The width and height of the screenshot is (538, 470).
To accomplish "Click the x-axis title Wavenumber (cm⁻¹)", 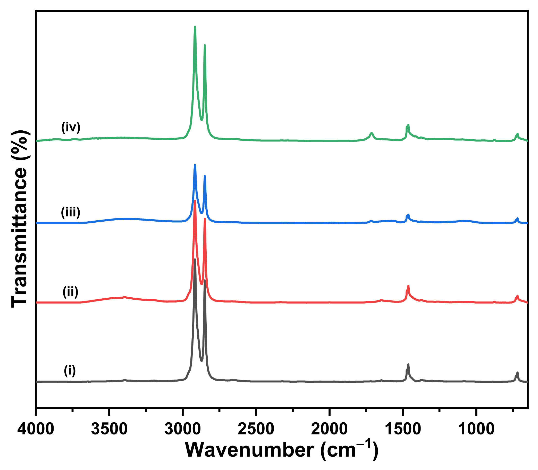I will [282, 450].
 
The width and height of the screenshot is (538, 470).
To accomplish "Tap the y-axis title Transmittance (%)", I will [19, 219].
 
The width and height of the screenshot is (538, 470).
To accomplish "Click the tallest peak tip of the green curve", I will [195, 27].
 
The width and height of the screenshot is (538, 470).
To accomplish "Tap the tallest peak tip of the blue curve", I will [195, 165].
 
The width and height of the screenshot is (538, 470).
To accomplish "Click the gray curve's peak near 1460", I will [408, 365].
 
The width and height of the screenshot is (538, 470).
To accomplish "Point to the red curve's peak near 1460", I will [408, 286].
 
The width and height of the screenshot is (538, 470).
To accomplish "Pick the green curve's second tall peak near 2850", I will [205, 45].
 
